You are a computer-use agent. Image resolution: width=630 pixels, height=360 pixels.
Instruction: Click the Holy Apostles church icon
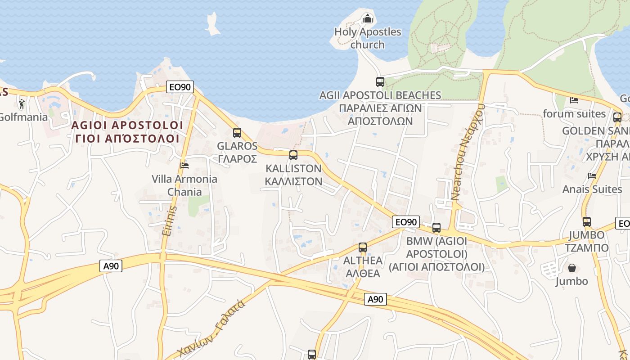368,19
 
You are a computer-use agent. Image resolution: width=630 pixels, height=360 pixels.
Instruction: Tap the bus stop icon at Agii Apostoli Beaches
380,82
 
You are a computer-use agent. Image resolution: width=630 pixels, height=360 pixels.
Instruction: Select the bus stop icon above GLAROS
237,133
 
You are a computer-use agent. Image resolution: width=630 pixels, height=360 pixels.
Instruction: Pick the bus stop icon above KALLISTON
293,155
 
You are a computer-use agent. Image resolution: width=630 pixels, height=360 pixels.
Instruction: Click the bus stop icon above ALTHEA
363,247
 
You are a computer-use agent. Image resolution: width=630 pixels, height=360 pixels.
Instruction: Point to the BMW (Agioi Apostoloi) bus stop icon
436,228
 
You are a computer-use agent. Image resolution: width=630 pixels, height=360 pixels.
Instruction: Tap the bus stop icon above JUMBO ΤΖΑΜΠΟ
587,222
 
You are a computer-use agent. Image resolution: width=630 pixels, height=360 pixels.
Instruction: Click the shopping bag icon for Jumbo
572,268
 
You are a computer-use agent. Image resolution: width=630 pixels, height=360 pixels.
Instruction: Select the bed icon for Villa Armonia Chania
184,165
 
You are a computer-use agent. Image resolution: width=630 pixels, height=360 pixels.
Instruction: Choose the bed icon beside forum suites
574,100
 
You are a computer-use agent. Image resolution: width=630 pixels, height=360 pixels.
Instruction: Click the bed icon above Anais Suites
592,175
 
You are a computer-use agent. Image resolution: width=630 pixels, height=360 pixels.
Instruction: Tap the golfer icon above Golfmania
22,104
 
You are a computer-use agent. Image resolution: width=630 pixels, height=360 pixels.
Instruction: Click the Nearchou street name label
468,152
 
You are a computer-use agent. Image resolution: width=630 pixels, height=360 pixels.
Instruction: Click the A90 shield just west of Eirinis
111,266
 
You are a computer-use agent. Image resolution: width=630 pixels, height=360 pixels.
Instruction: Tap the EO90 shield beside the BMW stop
406,222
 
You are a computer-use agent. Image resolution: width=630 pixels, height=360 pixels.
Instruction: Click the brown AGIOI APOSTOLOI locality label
127,131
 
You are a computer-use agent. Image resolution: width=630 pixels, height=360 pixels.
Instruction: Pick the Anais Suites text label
592,189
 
